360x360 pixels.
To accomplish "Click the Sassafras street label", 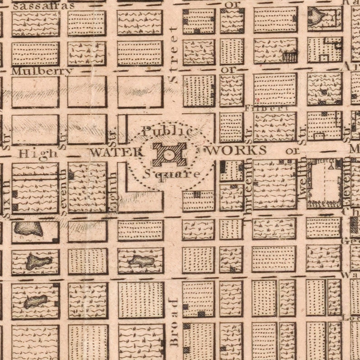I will click(x=44, y=6).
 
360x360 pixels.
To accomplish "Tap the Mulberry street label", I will click(x=42, y=71).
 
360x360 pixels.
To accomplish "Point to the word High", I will click(x=32, y=154).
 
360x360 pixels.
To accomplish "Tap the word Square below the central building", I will click(x=172, y=174).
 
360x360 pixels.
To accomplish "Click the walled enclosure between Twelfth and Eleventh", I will click(x=325, y=183).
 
